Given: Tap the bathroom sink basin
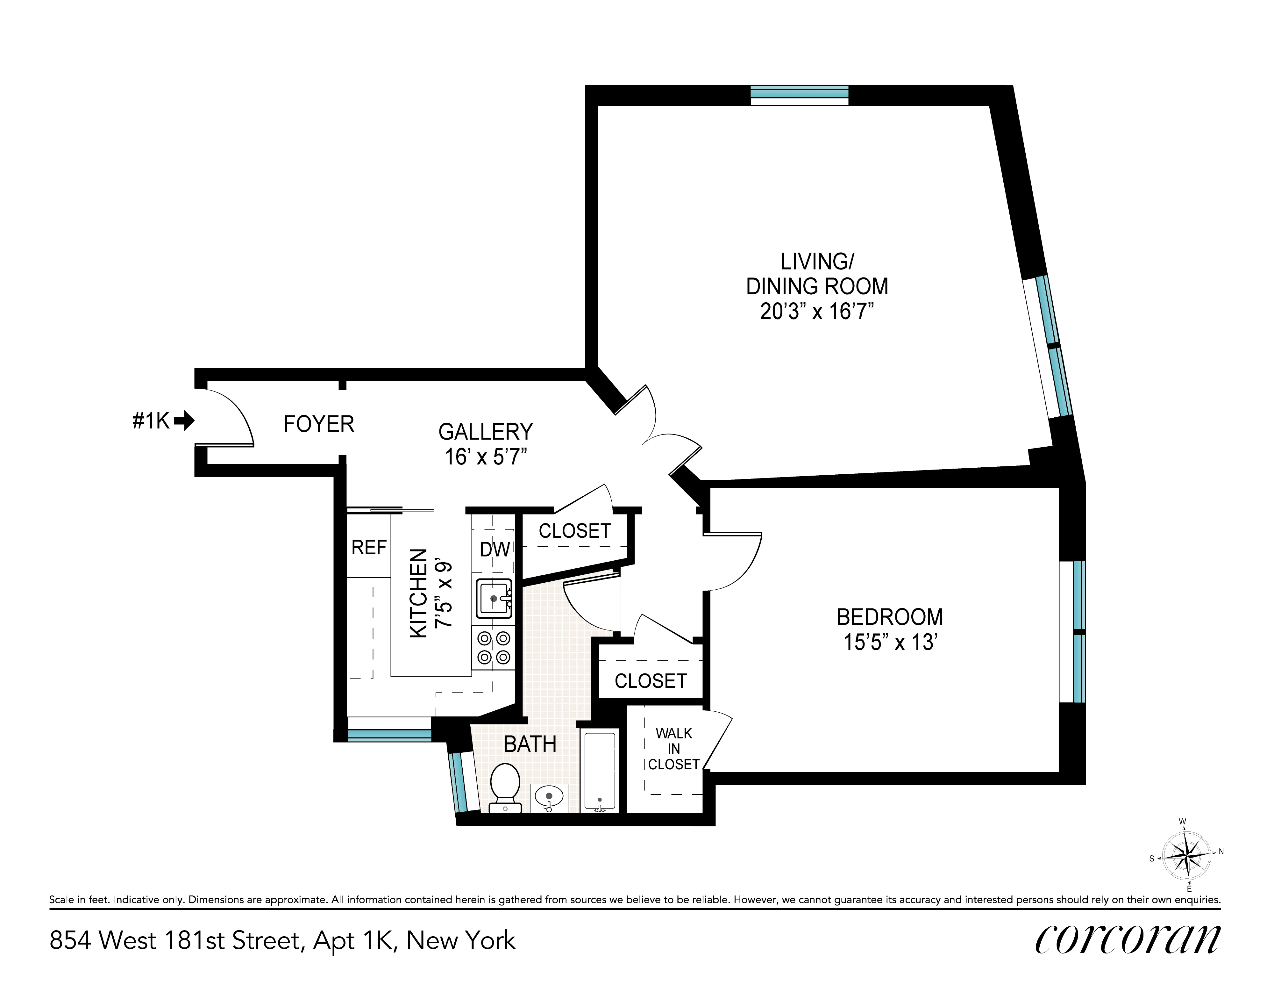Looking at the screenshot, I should [x=548, y=796].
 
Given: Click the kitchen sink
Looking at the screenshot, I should [x=494, y=598].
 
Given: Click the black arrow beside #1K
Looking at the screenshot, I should [x=184, y=420].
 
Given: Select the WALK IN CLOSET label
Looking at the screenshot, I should [x=674, y=749].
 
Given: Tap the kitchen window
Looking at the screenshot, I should [x=389, y=736].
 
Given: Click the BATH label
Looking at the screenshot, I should [x=530, y=744].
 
